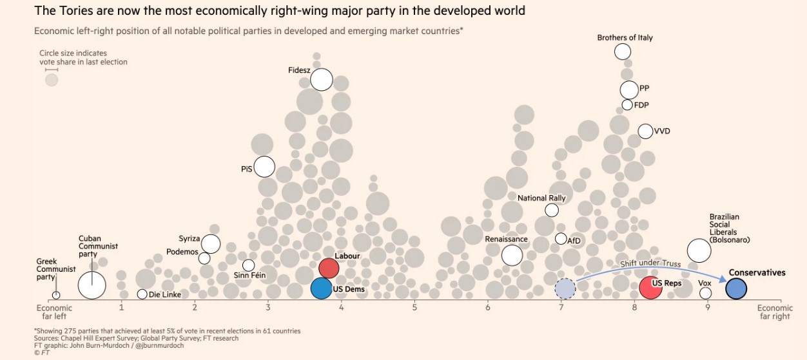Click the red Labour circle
(329, 267)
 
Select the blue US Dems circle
(321, 288)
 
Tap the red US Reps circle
(651, 287)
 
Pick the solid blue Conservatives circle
(736, 289)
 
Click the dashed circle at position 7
(565, 289)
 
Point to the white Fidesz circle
(321, 80)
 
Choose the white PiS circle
(264, 167)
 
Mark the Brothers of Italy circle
(623, 52)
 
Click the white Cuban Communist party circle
(92, 285)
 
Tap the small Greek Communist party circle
(56, 295)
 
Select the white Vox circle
(705, 293)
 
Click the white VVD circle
(645, 131)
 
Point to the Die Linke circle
(142, 294)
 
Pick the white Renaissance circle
(512, 255)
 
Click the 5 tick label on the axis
(414, 307)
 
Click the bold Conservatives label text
(757, 272)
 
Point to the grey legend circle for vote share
(52, 80)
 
